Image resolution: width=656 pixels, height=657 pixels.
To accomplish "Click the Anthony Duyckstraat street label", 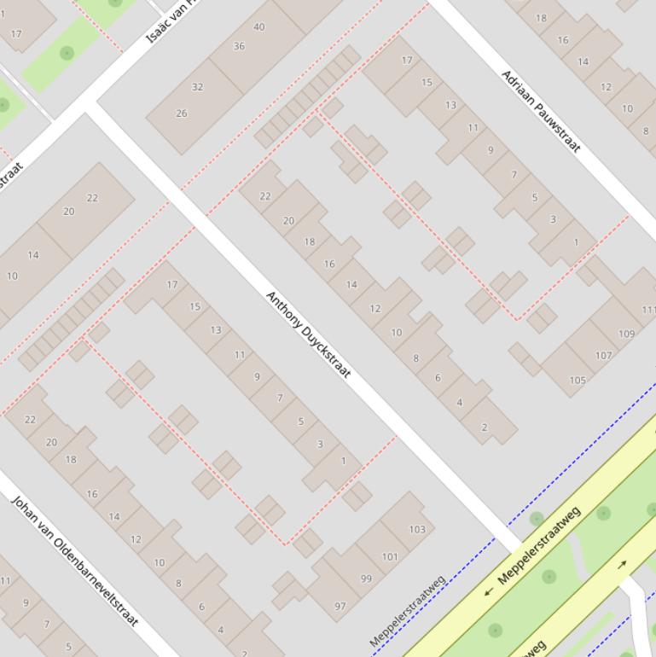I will (308, 334).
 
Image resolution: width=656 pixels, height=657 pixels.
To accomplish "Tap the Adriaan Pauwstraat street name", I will (540, 112).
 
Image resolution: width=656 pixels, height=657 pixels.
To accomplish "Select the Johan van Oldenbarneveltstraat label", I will (74, 560).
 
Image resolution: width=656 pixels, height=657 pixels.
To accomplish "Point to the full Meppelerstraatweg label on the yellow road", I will (538, 544).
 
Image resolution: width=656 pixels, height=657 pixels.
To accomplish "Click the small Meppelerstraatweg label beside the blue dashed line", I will (408, 611).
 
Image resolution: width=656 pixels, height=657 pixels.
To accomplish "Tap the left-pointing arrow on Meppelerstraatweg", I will (489, 590).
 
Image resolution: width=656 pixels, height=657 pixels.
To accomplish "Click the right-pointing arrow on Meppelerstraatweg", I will (622, 564).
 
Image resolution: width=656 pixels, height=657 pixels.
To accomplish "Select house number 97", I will (340, 607).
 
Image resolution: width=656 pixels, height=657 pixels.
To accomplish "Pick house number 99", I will (366, 579).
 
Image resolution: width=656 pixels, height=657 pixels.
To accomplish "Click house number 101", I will (390, 557).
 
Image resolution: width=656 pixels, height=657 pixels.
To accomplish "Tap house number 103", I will (416, 530).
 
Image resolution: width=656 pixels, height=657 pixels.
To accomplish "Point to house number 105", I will (578, 381).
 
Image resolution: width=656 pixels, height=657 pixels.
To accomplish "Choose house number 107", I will (603, 356).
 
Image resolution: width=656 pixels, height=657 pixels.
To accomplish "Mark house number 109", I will (626, 334).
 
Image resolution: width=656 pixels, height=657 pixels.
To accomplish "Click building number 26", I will (181, 113).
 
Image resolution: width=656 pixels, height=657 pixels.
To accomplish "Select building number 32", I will (197, 87).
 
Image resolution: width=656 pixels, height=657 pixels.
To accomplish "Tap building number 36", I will (239, 47).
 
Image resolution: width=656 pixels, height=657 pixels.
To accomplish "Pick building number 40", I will (258, 27).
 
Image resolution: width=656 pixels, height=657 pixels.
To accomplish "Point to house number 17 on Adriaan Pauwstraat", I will (407, 61).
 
